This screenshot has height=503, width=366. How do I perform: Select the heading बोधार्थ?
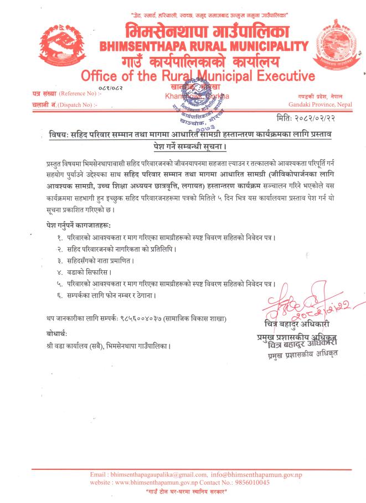pos(58,334)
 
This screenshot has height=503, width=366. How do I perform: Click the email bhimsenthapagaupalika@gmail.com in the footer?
pos(158,474)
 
